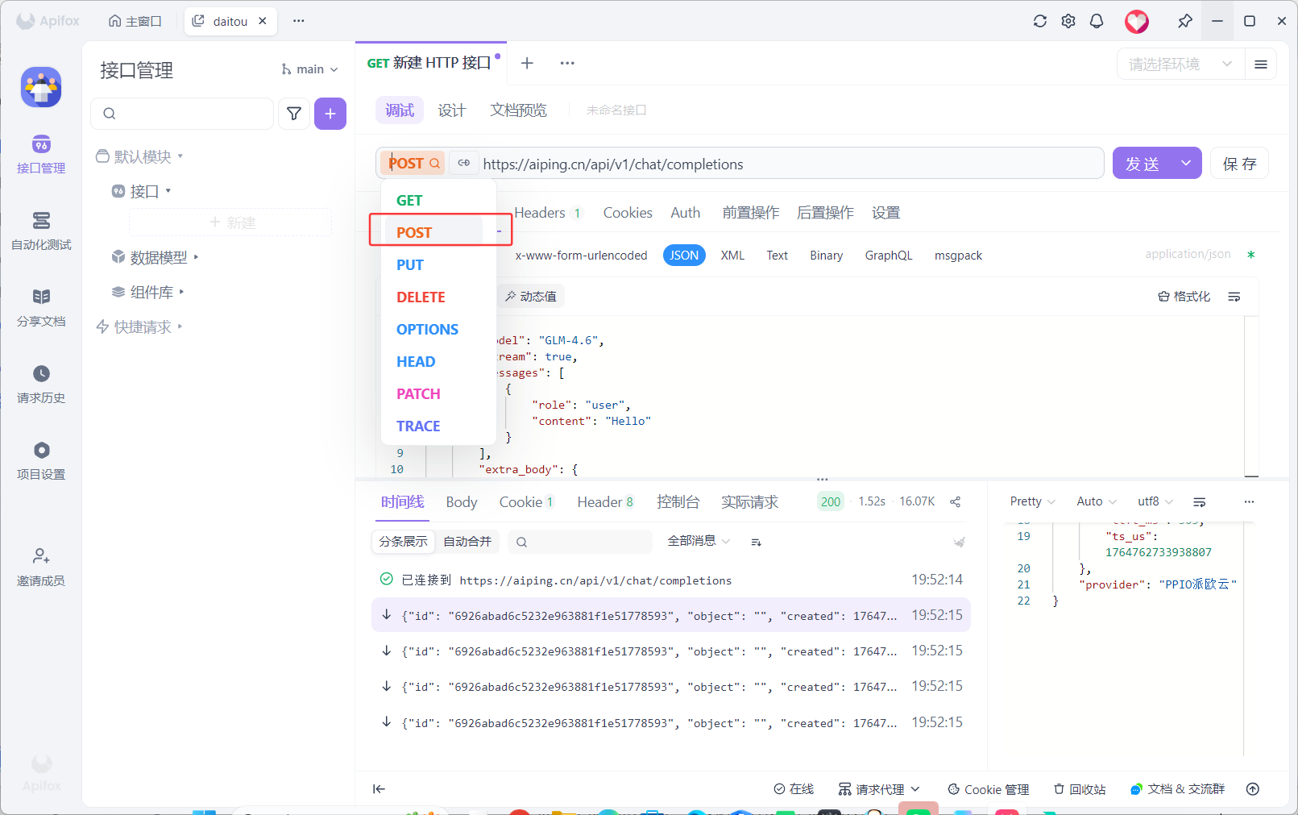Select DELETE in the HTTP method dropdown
tap(421, 297)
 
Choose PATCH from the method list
tap(418, 394)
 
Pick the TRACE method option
tap(418, 426)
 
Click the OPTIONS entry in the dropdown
tap(427, 330)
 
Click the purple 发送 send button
tap(1142, 164)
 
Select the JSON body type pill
tap(684, 256)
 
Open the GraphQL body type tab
tap(888, 256)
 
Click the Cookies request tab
tap(628, 213)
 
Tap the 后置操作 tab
tap(825, 213)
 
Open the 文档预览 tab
tap(518, 110)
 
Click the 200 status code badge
tap(830, 501)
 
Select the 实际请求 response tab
tap(749, 502)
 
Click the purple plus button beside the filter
tap(330, 114)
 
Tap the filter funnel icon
tap(294, 114)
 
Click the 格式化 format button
tap(1184, 297)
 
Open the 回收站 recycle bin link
tap(1080, 789)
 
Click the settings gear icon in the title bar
tap(1068, 21)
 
